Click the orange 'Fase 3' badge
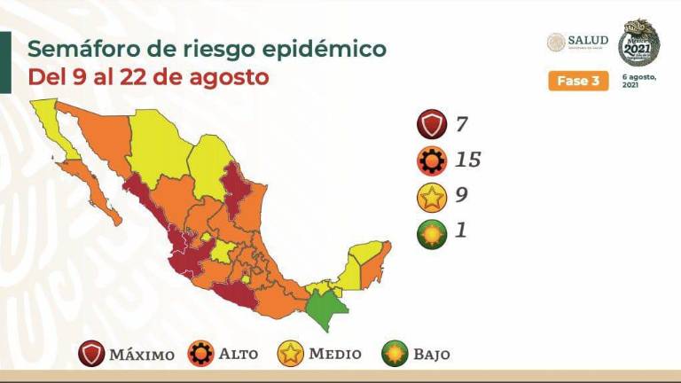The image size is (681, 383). point(578,81)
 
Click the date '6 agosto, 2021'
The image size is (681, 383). point(641,82)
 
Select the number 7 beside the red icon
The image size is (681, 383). point(459,124)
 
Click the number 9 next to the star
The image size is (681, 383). point(460,196)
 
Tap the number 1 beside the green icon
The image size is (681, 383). point(459,231)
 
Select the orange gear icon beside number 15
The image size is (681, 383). point(431,161)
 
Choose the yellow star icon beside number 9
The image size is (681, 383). point(431,198)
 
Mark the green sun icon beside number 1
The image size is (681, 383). point(431,234)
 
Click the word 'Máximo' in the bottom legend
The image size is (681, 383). point(142,355)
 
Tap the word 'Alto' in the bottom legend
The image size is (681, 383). point(239,354)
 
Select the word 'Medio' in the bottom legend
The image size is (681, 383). point(335,354)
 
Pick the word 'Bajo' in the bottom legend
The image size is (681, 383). point(431,355)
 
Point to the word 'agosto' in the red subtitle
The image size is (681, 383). point(225,77)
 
